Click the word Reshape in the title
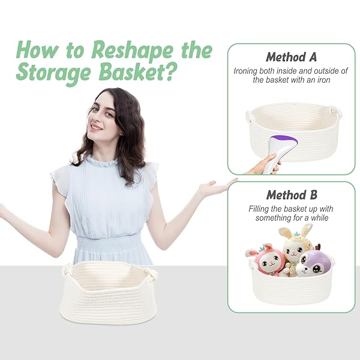pyautogui.click(x=132, y=50)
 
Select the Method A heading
pyautogui.click(x=291, y=57)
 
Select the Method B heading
pyautogui.click(x=292, y=195)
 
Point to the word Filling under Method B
pyautogui.click(x=258, y=209)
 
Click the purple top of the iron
pyautogui.click(x=285, y=139)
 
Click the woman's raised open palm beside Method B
pyautogui.click(x=215, y=187)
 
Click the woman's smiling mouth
pyautogui.click(x=96, y=127)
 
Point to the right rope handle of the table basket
pyautogui.click(x=151, y=275)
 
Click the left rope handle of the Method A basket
pyautogui.click(x=250, y=116)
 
